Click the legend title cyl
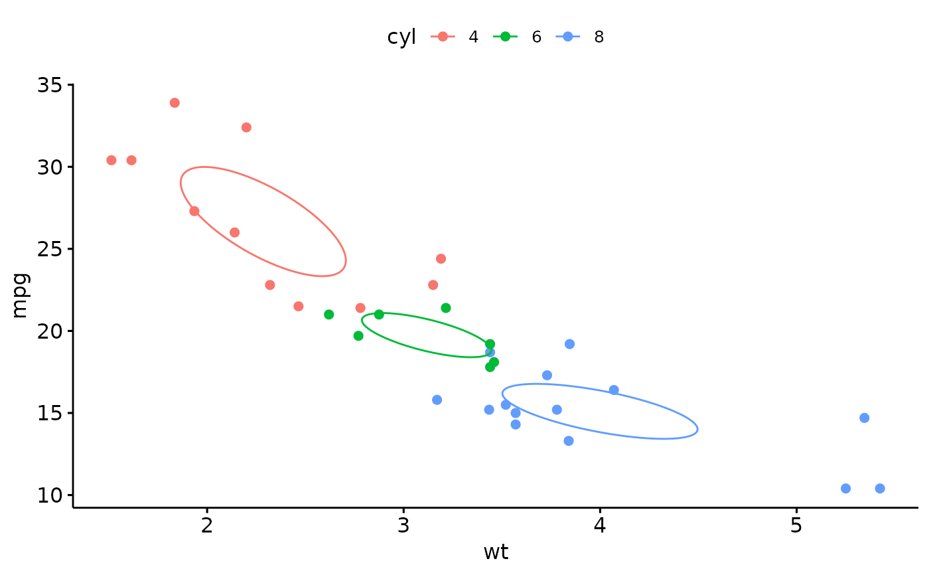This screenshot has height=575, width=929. click(401, 37)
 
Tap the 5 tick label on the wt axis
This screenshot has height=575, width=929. click(796, 525)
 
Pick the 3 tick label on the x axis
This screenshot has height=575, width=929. click(403, 525)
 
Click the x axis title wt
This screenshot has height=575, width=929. click(496, 552)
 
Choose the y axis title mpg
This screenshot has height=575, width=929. click(20, 295)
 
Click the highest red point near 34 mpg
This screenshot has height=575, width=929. click(175, 103)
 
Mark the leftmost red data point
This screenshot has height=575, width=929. click(111, 160)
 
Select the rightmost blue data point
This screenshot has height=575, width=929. click(880, 489)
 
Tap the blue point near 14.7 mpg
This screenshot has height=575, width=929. click(864, 418)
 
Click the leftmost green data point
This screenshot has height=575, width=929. click(328, 314)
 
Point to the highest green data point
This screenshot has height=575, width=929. click(446, 308)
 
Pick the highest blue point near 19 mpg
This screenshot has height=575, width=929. click(569, 344)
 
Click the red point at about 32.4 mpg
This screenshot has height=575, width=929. click(246, 127)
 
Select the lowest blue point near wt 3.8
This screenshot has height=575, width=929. click(569, 441)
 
